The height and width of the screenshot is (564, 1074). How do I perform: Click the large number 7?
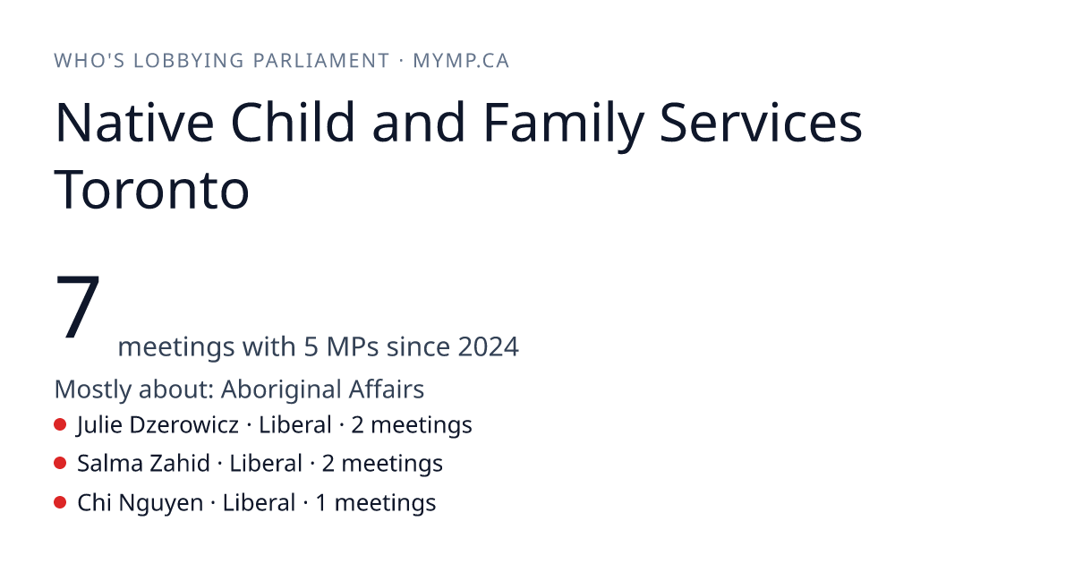(78, 305)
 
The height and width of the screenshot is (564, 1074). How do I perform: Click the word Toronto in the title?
(151, 190)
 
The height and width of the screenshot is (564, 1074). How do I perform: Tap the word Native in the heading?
(135, 123)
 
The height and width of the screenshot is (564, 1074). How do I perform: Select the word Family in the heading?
(564, 125)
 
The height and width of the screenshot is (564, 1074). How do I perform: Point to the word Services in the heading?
(761, 123)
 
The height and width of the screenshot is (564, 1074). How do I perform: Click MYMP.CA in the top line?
(461, 61)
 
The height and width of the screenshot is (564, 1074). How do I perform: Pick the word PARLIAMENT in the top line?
(320, 61)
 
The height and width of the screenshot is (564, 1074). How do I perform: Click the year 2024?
(488, 346)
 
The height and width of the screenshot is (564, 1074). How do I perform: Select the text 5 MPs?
(341, 346)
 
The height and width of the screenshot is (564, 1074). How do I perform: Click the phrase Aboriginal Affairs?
(322, 389)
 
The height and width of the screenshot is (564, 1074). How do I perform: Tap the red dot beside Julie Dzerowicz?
(60, 424)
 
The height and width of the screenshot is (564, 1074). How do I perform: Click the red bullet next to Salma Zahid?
(60, 464)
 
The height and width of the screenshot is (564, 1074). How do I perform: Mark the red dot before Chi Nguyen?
(60, 502)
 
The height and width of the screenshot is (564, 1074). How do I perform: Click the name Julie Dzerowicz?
(158, 425)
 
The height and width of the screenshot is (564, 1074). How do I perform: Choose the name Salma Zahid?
(143, 464)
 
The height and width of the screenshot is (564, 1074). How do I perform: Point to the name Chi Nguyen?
(140, 503)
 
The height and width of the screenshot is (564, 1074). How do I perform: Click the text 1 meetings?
(376, 503)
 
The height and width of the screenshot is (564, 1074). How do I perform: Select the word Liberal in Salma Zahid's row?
(266, 464)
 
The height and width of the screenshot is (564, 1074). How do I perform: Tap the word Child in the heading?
(293, 123)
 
